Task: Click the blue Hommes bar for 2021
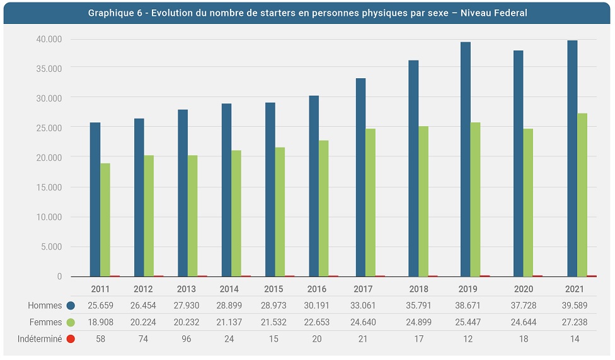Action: pos(572,158)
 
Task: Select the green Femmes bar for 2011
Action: pos(105,219)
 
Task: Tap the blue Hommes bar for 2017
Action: pos(361,177)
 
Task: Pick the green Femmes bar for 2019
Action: pos(475,199)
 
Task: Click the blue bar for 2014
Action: pos(226,190)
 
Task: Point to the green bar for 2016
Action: pos(323,208)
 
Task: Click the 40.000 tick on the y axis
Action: pos(49,39)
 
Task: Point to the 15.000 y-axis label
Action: pos(49,187)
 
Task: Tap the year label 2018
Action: pos(418,289)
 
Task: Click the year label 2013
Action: pos(187,289)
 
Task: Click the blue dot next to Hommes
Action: pos(71,306)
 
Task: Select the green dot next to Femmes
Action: pos(71,322)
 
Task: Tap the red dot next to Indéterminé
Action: pos(71,339)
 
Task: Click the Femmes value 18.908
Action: pos(100,322)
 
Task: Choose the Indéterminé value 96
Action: pos(187,339)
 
